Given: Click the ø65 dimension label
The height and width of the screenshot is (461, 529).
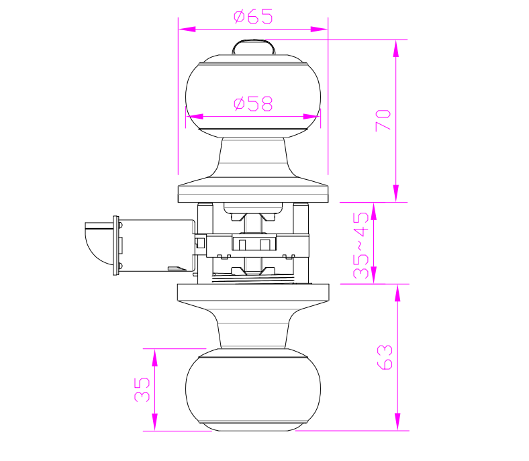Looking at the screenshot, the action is (x=253, y=17).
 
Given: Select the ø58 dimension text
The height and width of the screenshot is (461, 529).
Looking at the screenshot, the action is (x=253, y=104).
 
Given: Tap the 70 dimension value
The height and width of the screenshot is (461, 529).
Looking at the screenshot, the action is (x=383, y=120).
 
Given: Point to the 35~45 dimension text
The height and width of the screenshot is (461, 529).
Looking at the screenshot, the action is (x=361, y=245).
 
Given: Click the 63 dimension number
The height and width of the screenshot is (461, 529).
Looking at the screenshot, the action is (x=385, y=358).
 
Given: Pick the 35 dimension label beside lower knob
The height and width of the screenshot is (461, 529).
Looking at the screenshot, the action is (x=142, y=389).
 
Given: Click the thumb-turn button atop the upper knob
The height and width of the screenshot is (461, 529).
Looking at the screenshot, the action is (x=253, y=47).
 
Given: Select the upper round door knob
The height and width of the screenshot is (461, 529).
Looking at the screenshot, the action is (x=253, y=96).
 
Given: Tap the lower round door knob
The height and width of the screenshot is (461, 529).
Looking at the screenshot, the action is (x=253, y=390).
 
